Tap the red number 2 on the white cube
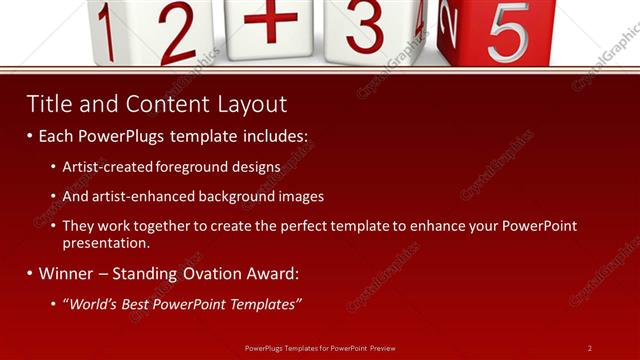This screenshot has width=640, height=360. pos(177,33)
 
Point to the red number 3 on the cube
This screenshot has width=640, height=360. pos(366,26)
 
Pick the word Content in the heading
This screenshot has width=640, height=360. pos(155,104)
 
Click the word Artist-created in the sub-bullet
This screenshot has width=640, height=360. pos(103,167)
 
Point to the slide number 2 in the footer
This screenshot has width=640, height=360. pos(589,348)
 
